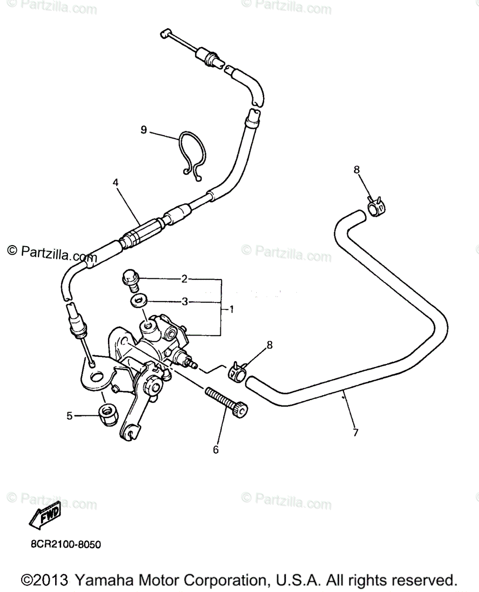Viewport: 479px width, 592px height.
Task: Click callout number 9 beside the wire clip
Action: click(x=144, y=130)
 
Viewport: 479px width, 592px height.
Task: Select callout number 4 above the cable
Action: click(x=115, y=182)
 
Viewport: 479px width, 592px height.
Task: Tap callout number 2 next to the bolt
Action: click(x=184, y=279)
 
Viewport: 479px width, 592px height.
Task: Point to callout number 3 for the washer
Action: click(x=184, y=301)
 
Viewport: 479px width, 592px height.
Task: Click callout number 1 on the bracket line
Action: click(x=232, y=309)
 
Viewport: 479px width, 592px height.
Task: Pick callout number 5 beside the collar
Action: click(x=70, y=416)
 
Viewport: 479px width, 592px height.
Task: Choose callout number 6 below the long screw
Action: click(x=215, y=449)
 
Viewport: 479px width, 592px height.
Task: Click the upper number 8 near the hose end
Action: click(x=357, y=170)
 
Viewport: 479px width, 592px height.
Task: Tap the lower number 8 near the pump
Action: click(x=270, y=345)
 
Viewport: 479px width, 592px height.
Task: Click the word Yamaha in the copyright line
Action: click(x=104, y=579)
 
